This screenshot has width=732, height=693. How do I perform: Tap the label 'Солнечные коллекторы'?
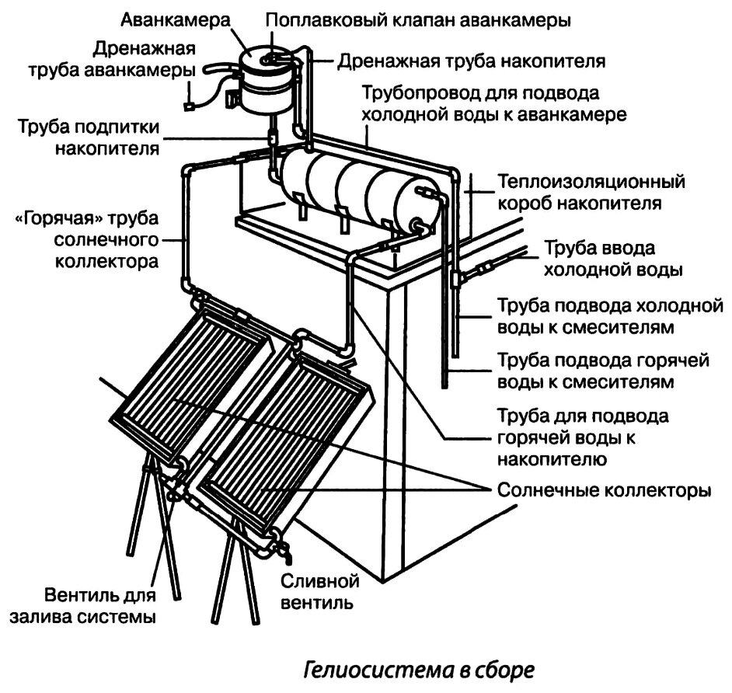tap(604, 491)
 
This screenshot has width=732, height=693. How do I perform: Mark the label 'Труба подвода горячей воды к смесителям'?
tap(594, 371)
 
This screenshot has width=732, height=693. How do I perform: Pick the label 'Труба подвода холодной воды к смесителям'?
tap(604, 315)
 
